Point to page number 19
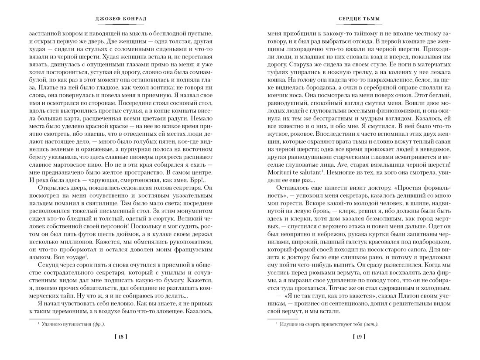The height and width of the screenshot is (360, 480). point(360,337)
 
